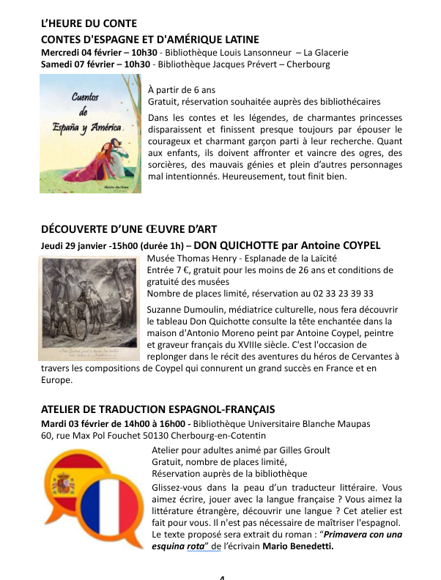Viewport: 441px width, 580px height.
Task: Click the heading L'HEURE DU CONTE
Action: click(x=89, y=25)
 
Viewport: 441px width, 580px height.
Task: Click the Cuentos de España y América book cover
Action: click(x=91, y=137)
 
